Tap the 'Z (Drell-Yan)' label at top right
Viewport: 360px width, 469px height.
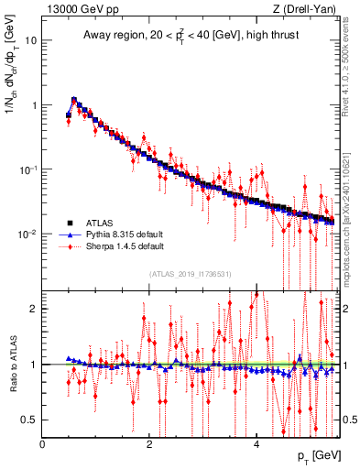(x=306, y=9)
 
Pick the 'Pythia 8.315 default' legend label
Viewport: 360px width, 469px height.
(x=126, y=234)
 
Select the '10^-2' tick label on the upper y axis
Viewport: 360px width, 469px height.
(x=28, y=234)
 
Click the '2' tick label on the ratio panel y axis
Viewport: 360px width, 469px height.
(x=34, y=309)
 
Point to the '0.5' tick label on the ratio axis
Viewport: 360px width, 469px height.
(x=29, y=420)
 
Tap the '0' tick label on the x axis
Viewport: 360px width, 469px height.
(x=42, y=444)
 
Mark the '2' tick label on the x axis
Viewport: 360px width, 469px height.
(x=149, y=444)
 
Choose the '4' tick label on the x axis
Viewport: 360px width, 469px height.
(x=256, y=444)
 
